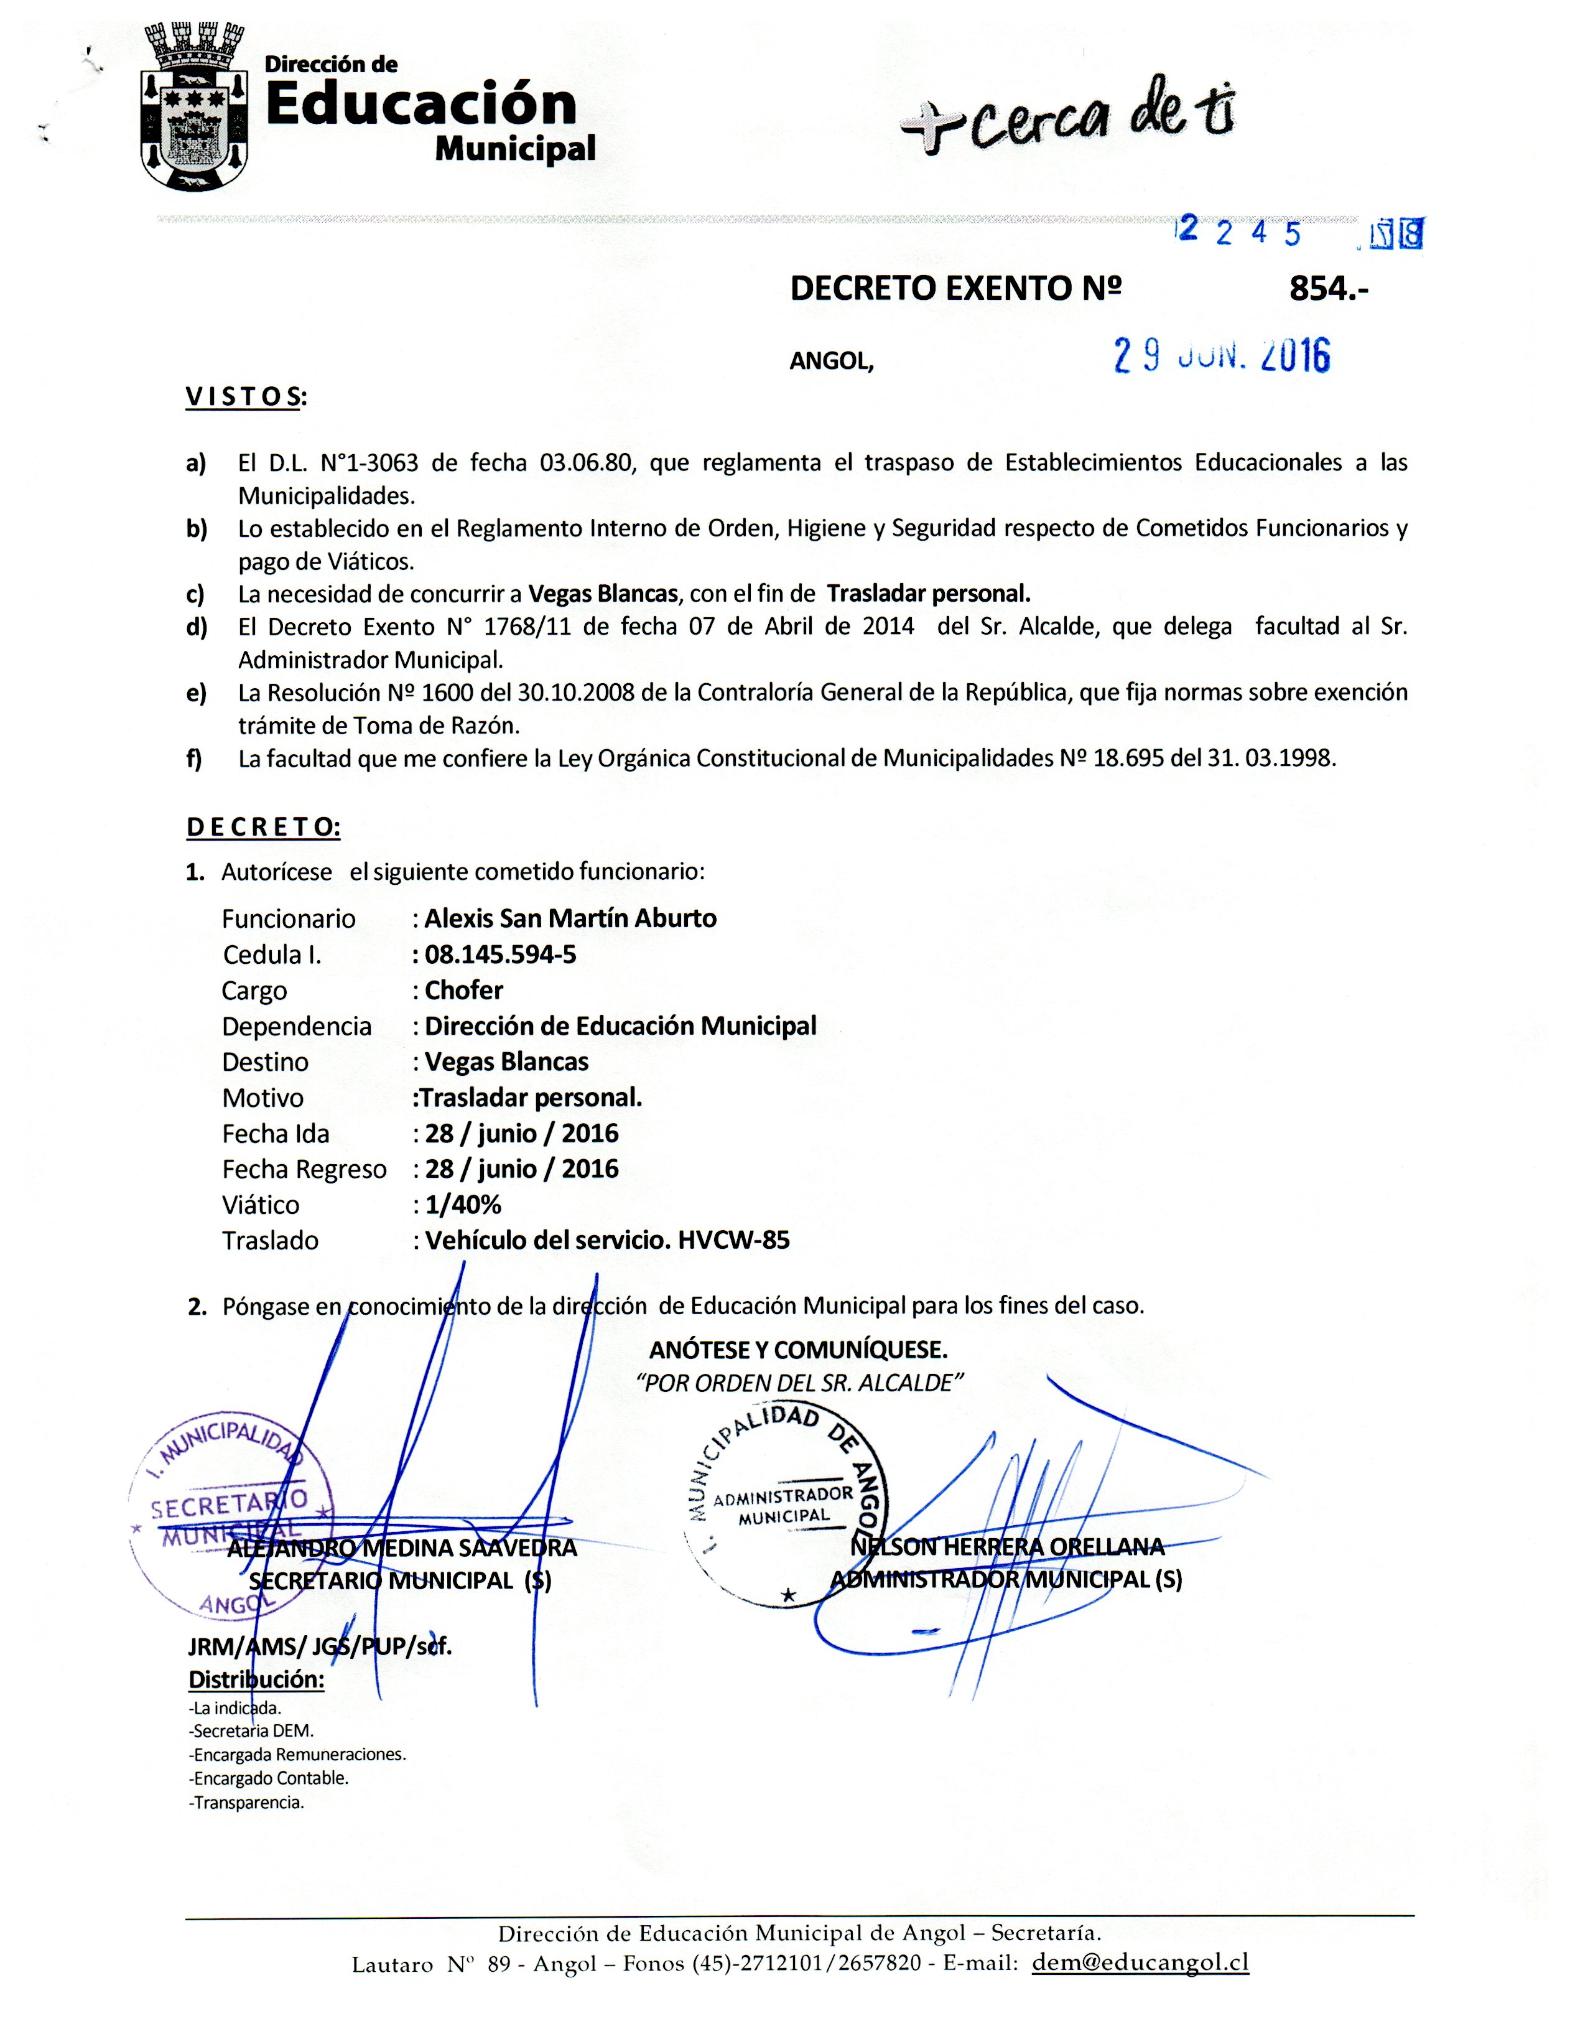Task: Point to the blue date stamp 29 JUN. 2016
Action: [x=1222, y=356]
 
